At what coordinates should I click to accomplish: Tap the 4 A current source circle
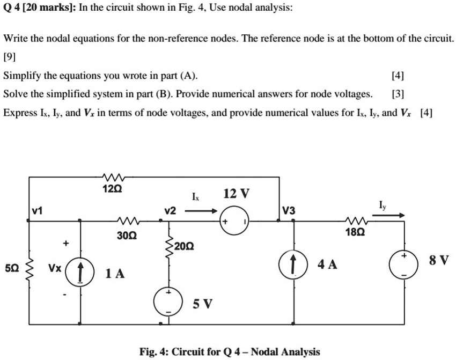click(x=293, y=264)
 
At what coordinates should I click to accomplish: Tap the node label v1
click(x=37, y=211)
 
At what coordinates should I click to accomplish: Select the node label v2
click(x=170, y=211)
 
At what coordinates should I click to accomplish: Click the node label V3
click(x=288, y=210)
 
